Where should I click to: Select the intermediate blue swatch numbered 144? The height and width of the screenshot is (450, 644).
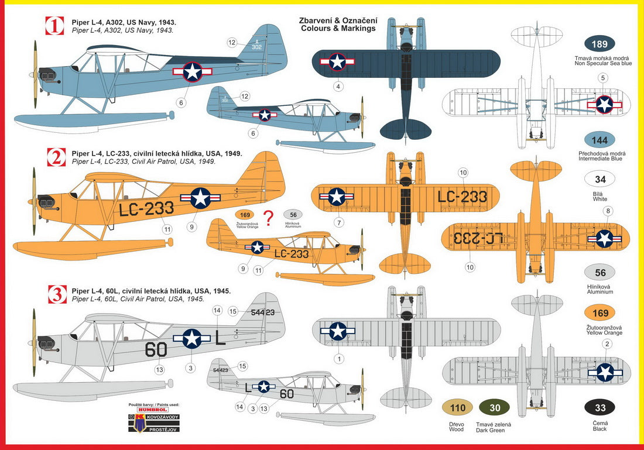pyautogui.click(x=600, y=140)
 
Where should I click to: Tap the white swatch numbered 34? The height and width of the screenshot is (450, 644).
pyautogui.click(x=600, y=180)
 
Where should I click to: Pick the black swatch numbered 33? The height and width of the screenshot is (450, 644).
pyautogui.click(x=600, y=408)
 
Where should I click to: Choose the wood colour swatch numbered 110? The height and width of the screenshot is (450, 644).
pyautogui.click(x=456, y=408)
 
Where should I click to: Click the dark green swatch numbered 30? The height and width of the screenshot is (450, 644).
pyautogui.click(x=495, y=408)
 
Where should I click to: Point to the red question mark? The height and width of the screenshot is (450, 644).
pyautogui.click(x=268, y=218)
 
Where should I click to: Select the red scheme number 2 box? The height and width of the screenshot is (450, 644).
pyautogui.click(x=55, y=157)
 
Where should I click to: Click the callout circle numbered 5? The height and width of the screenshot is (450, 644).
pyautogui.click(x=603, y=78)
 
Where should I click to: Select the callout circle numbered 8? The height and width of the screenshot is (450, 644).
pyautogui.click(x=608, y=211)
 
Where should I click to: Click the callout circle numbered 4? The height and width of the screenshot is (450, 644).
pyautogui.click(x=338, y=87)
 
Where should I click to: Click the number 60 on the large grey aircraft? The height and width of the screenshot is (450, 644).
pyautogui.click(x=155, y=349)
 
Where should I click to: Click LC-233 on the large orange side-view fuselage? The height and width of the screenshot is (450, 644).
pyautogui.click(x=146, y=208)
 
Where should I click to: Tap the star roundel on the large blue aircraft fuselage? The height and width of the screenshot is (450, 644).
pyautogui.click(x=192, y=72)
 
